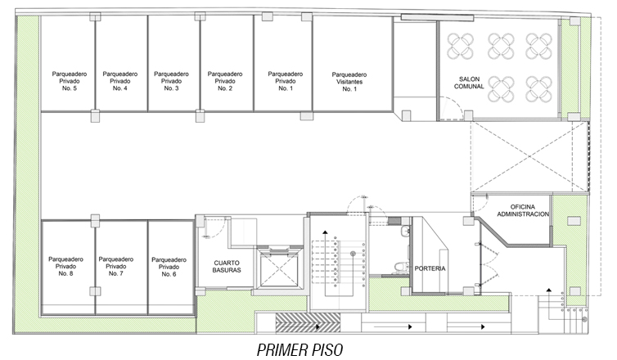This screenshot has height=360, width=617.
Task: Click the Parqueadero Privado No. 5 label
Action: pyautogui.click(x=70, y=81)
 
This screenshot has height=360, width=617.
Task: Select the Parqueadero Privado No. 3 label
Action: pyautogui.click(x=171, y=81)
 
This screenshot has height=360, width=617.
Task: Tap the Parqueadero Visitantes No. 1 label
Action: pyautogui.click(x=349, y=82)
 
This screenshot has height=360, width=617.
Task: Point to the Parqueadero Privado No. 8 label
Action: pyautogui.click(x=65, y=267)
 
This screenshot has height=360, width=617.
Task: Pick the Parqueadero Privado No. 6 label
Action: pyautogui.click(x=169, y=268)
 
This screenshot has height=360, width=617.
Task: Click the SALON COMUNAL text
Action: pyautogui.click(x=469, y=83)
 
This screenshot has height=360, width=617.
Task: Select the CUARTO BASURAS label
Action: pyautogui.click(x=227, y=267)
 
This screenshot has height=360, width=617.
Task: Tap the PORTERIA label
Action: pyautogui.click(x=430, y=268)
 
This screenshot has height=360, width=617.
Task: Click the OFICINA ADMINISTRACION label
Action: pyautogui.click(x=523, y=210)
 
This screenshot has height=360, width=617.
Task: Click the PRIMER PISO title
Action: pyautogui.click(x=299, y=349)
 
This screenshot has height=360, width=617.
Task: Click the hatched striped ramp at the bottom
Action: pyautogui.click(x=308, y=322)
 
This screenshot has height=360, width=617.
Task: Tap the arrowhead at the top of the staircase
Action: pyautogui.click(x=325, y=232)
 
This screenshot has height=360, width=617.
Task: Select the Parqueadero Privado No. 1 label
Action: pyautogui.click(x=286, y=81)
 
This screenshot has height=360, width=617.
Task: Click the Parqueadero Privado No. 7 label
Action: pyautogui.click(x=115, y=267)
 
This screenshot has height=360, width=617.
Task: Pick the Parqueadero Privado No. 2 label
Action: pyautogui.click(x=225, y=81)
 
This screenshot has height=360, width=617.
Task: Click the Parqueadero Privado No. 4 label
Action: pyautogui.click(x=120, y=81)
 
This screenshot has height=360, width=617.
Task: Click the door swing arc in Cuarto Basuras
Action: pyautogui.click(x=221, y=229)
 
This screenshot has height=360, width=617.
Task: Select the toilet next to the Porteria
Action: pyautogui.click(x=400, y=267)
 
